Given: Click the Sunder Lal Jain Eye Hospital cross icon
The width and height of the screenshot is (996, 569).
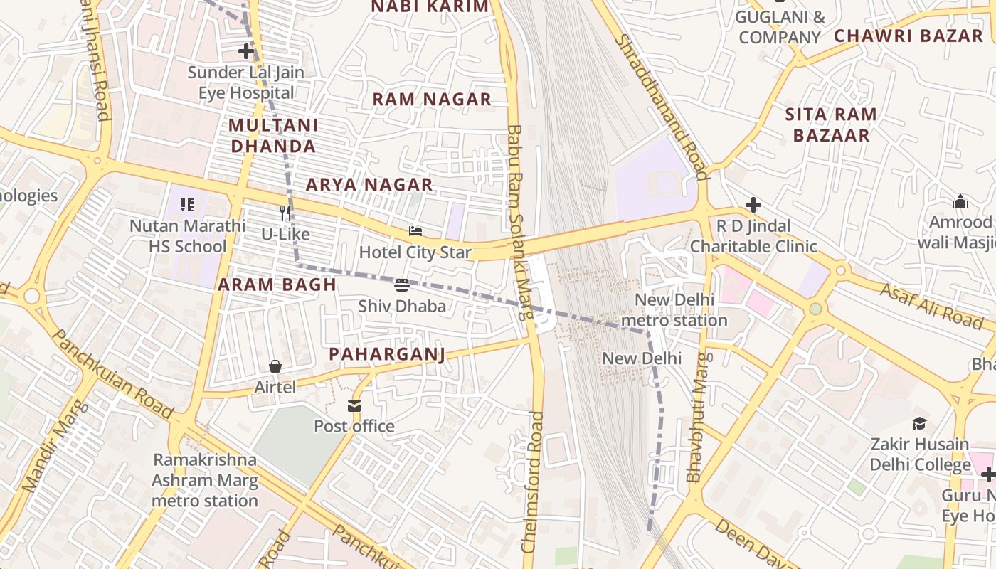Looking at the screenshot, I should point(246,51).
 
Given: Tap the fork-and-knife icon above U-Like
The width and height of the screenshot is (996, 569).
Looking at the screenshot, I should point(285,213).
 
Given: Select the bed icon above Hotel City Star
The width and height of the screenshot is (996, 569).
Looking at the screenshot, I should point(415,231).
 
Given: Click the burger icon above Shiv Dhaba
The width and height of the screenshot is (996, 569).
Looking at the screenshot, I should point(402,285).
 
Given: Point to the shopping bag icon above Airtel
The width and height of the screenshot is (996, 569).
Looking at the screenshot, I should point(275,366).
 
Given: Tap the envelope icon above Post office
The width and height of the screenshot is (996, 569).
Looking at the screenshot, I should point(354,405).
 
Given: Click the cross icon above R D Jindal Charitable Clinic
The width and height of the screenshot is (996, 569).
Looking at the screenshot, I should point(753,206).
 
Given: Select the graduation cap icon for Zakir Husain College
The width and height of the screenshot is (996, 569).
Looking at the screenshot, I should point(919,423).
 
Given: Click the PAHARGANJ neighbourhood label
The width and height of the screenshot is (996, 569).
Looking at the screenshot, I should point(387,354).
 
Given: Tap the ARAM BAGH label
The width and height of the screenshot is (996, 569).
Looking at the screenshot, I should point(277,285).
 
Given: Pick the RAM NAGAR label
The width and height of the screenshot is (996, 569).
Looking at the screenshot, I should point(432,100).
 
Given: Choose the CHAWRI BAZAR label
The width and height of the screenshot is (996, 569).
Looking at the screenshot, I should point(908,36).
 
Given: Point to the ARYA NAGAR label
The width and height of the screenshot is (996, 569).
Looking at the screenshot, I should point(369,185).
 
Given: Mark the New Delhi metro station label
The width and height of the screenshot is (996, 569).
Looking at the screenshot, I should point(674,310).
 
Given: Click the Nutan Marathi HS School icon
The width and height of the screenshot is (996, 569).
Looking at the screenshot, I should point(187,205).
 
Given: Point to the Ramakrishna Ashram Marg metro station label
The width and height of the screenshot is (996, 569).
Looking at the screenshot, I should point(205,480).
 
